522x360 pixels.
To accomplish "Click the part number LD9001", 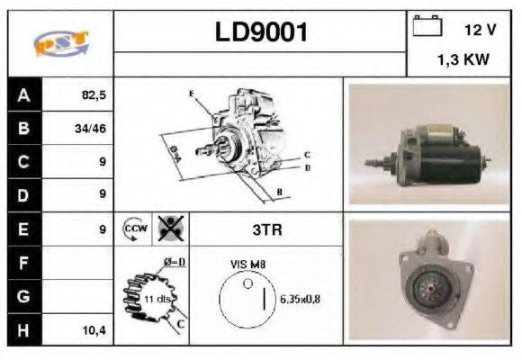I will point(261,32).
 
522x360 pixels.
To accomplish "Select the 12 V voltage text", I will point(480,30).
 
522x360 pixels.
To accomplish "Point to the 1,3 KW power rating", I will point(463,62).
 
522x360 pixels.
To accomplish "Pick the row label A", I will point(22,94).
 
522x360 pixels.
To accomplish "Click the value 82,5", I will point(94,94).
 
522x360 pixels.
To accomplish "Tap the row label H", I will point(22,330).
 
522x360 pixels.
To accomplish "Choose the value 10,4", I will point(94,330).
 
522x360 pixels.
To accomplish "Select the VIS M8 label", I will point(248,264).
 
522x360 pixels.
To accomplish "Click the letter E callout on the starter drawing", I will point(191,94).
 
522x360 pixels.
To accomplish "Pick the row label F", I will point(22,263).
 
